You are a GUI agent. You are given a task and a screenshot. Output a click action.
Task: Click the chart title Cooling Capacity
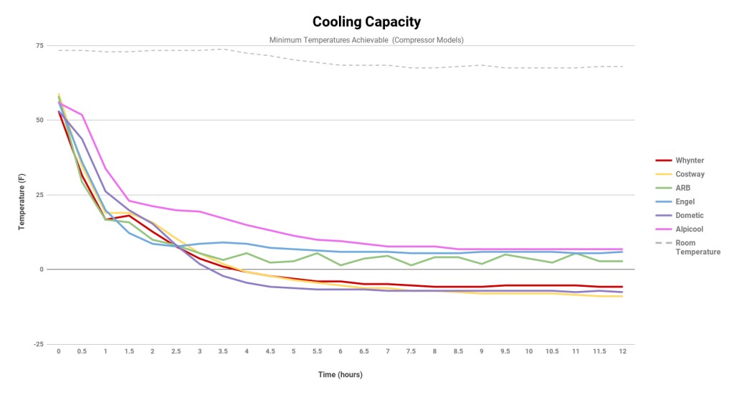[366, 22]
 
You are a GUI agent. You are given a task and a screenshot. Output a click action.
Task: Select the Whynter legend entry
[690, 161]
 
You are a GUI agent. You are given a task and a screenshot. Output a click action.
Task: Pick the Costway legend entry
[690, 174]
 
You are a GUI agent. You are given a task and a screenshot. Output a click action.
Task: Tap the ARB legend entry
[683, 188]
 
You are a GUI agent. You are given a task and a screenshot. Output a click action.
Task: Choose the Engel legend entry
[685, 202]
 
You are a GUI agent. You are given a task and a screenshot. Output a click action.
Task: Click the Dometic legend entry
[690, 216]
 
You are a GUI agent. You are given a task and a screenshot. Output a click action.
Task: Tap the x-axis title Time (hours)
[341, 374]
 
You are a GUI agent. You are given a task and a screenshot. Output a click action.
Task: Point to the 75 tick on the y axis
[39, 46]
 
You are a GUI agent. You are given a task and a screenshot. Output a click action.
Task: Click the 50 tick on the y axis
[39, 120]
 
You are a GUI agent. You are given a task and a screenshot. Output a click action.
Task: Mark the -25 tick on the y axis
[38, 344]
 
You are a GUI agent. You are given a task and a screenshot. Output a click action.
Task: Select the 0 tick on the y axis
[42, 270]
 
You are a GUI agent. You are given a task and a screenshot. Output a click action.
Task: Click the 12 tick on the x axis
[622, 351]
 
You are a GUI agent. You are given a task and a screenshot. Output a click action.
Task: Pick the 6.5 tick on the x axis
[364, 351]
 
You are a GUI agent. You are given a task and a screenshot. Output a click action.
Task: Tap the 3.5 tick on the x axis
[223, 351]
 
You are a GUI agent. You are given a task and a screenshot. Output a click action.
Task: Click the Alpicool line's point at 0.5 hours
[82, 115]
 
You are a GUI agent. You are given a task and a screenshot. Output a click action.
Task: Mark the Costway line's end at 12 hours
[622, 296]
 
